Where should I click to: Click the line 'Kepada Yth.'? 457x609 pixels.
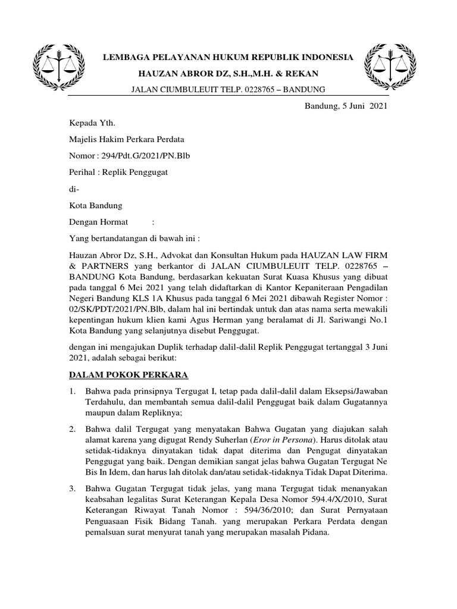pos(92,123)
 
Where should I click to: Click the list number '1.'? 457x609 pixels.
pos(72,391)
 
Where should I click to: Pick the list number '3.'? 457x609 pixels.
pos(72,489)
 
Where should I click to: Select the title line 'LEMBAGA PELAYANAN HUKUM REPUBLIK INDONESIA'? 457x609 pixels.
pos(228,58)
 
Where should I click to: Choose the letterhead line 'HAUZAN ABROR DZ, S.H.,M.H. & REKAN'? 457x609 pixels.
pos(228,73)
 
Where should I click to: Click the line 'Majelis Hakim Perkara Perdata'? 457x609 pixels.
pos(127,140)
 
